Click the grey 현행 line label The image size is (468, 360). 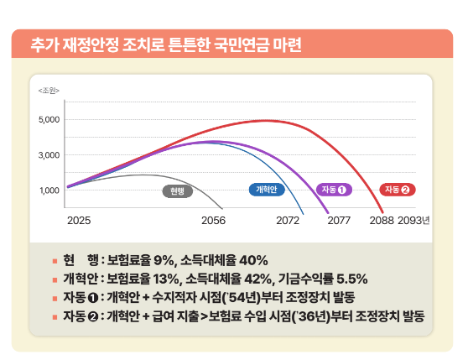coord(177,190)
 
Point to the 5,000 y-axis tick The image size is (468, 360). coord(49,119)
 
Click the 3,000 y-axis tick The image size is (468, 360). coord(49,154)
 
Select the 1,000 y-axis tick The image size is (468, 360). coord(49,190)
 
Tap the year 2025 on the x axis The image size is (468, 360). coord(78,221)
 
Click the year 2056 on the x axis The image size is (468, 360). coord(214,221)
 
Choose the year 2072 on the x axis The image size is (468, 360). coord(288,221)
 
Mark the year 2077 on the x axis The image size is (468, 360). coord(339,221)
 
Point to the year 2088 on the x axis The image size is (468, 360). coord(382,221)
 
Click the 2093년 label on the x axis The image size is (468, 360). coord(414,221)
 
